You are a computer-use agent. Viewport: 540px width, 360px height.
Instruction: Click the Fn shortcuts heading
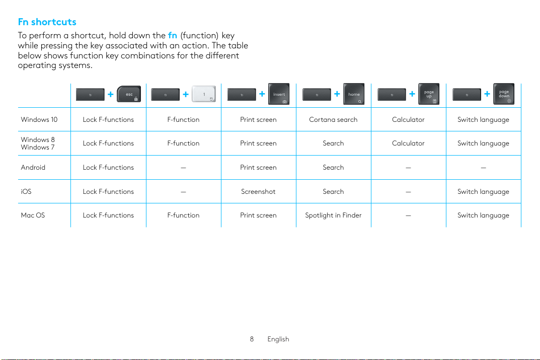tap(47, 22)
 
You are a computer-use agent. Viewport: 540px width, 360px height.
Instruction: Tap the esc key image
tap(129, 94)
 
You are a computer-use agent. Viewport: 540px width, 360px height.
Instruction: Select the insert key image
tap(279, 94)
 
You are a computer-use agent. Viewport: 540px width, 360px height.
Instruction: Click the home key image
tap(354, 94)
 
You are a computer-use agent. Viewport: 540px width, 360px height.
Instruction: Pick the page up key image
tap(429, 94)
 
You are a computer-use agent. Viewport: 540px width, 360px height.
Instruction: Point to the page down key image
tap(504, 94)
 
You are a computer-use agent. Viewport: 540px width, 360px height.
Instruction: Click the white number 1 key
tap(204, 94)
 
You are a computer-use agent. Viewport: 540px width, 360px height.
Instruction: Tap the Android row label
tap(33, 168)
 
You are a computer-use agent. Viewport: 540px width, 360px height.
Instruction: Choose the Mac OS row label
tap(33, 215)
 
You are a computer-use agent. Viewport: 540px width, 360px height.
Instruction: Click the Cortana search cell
tap(333, 120)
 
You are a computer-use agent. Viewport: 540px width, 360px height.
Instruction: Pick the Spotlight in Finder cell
tap(333, 215)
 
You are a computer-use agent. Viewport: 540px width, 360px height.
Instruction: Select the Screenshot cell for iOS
tap(258, 192)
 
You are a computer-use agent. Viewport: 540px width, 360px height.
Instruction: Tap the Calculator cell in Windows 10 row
tap(408, 120)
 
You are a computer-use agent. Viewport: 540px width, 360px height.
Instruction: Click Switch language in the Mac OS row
tap(483, 215)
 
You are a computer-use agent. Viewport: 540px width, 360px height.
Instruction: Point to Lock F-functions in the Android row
tap(108, 168)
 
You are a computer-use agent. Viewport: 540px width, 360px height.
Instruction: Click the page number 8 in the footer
tap(252, 339)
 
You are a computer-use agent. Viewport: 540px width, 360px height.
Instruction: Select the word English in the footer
tap(278, 339)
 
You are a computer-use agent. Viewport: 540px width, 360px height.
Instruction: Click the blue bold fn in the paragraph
tap(173, 36)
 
